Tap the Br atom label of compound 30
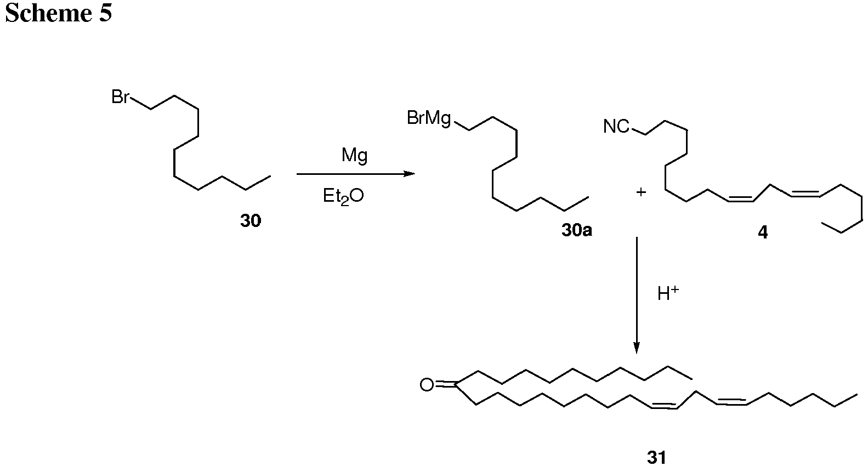pos(120,97)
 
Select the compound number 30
pos(251,221)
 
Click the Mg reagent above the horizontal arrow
pos(354,156)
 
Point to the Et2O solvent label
pos(343,196)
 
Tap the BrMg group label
pos(429,118)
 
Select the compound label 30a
pos(577,230)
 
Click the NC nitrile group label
pos(616,127)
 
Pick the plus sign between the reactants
pos(642,192)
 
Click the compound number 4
pos(763,232)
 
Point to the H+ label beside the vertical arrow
pos(668,294)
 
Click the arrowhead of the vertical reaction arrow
pos(636,348)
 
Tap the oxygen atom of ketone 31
pos(427,385)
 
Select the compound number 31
pos(656,457)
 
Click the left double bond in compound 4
pos(741,198)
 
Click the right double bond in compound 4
pos(805,193)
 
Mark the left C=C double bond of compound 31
pos(664,405)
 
